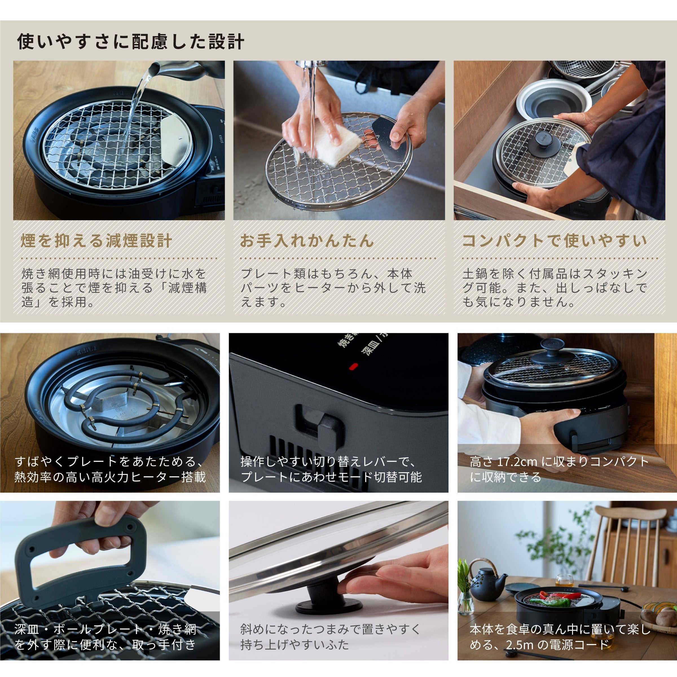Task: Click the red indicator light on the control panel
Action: [353, 366]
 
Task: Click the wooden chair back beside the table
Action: [627, 526]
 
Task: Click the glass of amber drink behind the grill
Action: [564, 580]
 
